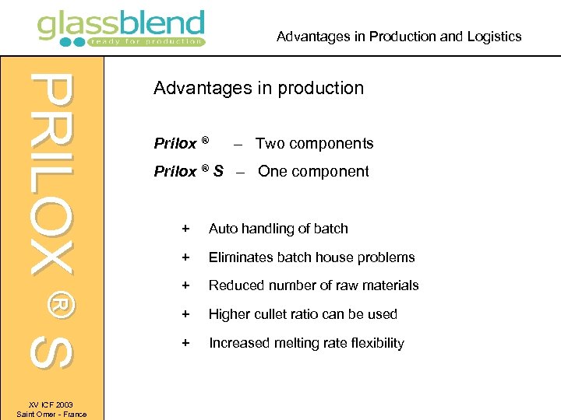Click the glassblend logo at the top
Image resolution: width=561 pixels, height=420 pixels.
tap(121, 27)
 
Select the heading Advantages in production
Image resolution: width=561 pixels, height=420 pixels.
tap(259, 88)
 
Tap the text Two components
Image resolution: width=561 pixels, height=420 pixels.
tap(314, 143)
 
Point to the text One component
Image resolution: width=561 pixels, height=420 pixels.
tap(313, 171)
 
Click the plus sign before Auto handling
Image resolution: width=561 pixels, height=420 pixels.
tap(185, 229)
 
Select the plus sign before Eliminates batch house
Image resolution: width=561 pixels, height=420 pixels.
tap(185, 257)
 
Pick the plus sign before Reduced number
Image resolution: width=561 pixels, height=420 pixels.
tap(185, 285)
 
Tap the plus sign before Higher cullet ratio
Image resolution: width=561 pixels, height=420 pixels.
tap(185, 314)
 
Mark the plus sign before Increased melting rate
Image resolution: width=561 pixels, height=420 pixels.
tap(185, 343)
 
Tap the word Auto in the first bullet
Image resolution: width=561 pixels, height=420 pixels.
tap(223, 229)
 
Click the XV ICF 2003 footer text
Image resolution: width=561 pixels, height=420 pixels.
tap(51, 405)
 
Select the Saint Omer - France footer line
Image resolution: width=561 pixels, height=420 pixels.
tap(51, 415)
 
